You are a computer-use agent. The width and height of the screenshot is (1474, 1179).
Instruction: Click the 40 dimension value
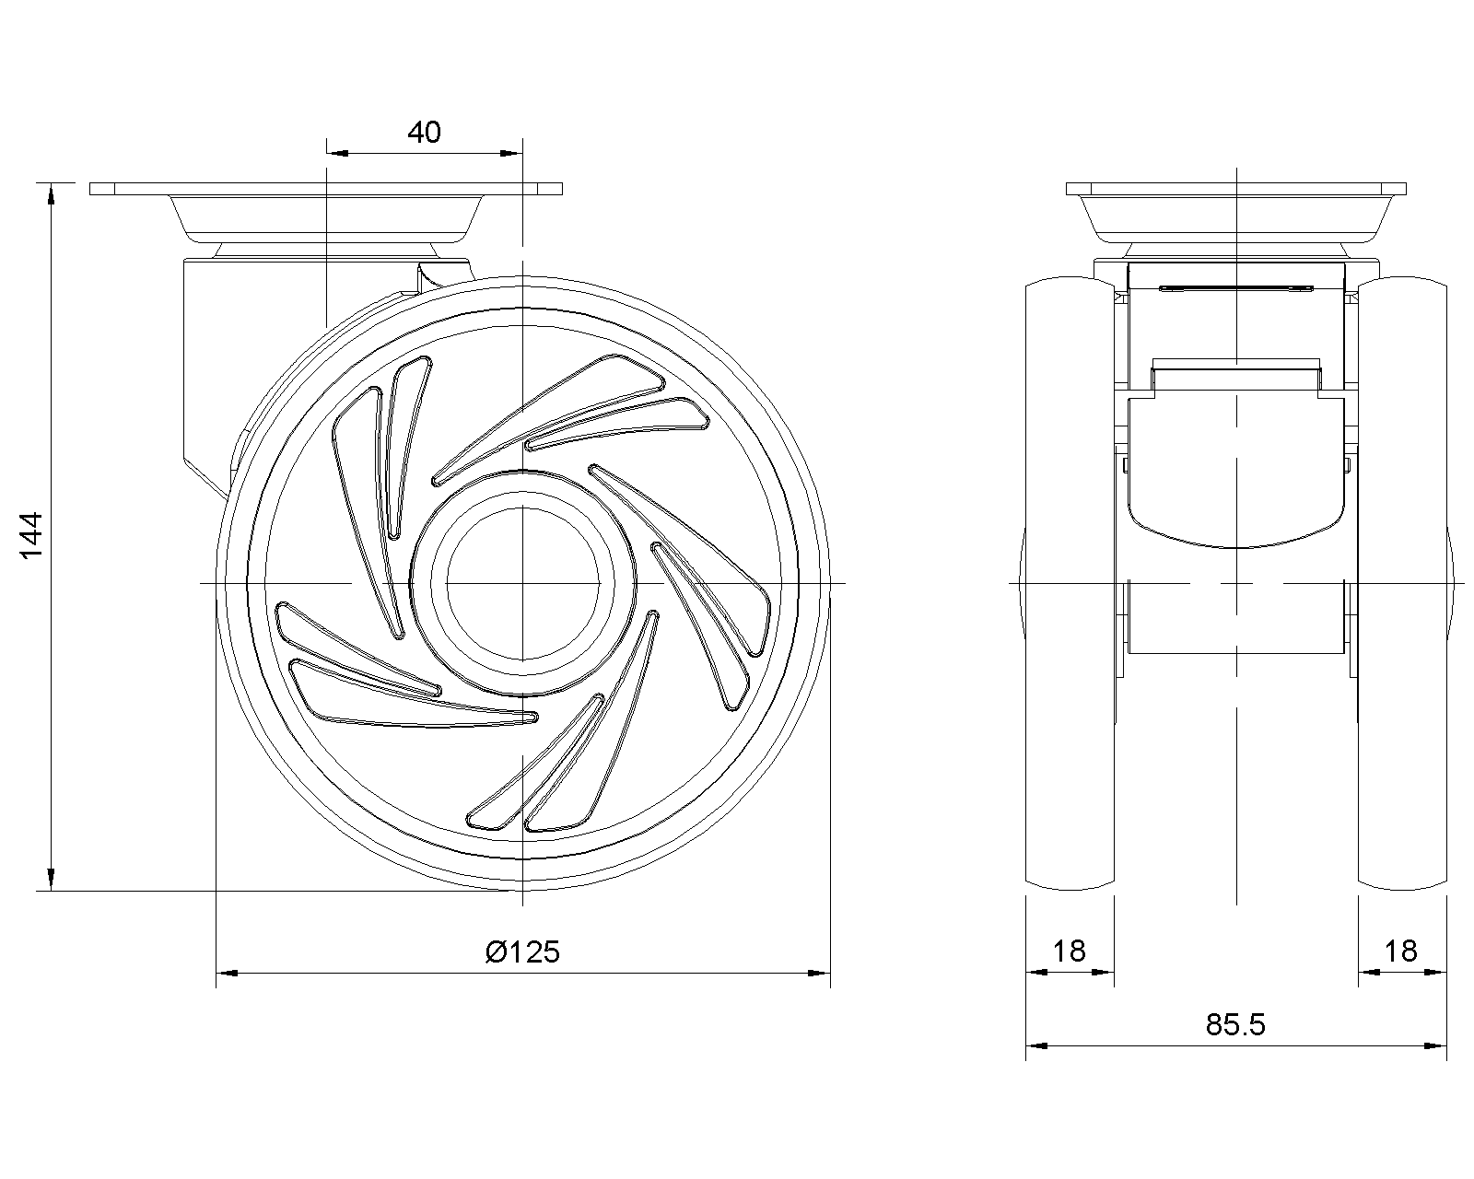pyautogui.click(x=424, y=133)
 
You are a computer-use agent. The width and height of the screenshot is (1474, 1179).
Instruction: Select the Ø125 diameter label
pyautogui.click(x=522, y=951)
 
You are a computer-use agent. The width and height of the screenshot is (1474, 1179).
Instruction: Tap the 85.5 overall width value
pyautogui.click(x=1235, y=1024)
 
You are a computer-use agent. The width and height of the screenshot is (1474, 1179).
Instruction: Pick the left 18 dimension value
pyautogui.click(x=1070, y=951)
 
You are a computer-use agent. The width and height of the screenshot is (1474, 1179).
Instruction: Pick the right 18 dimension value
pyautogui.click(x=1401, y=951)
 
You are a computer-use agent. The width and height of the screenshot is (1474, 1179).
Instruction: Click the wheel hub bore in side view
pyautogui.click(x=522, y=584)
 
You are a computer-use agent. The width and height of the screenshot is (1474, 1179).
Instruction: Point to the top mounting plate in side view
pyautogui.click(x=325, y=189)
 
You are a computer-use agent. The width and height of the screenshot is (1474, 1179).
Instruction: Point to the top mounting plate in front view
pyautogui.click(x=1236, y=189)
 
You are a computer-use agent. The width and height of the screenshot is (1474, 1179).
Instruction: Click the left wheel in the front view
pyautogui.click(x=1070, y=583)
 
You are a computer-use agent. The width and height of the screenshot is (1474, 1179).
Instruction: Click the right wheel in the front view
pyautogui.click(x=1402, y=583)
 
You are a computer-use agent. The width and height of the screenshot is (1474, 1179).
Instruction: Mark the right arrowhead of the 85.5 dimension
pyautogui.click(x=1435, y=1046)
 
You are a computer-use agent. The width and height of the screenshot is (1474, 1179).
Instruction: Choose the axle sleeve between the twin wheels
pyautogui.click(x=1236, y=619)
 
